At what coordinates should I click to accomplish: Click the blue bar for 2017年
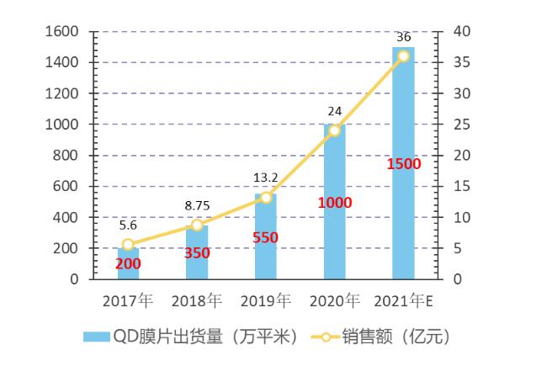click(128, 263)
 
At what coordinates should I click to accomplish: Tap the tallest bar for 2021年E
click(403, 163)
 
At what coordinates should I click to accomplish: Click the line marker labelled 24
click(334, 130)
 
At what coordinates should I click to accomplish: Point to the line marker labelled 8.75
click(197, 225)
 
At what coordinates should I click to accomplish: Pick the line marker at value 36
click(403, 56)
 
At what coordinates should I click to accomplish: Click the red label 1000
click(334, 203)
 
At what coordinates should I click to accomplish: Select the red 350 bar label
click(197, 252)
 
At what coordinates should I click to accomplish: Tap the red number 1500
click(403, 163)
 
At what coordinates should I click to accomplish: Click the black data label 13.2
click(265, 177)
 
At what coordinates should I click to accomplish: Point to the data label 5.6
click(128, 225)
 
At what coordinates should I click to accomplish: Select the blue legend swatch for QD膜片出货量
click(96, 337)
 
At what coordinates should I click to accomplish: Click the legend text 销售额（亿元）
click(396, 337)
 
